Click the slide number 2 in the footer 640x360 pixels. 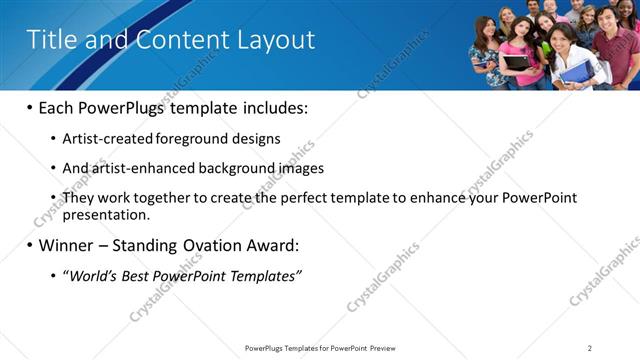point(590,348)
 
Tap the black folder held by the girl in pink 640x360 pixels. point(518,62)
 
